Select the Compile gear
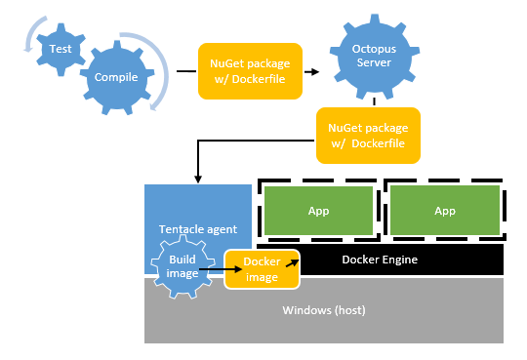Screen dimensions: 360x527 116,76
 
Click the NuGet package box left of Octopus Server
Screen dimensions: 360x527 248,71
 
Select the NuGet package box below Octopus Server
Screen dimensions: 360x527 367,135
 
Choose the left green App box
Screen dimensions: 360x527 318,210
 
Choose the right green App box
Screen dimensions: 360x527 444,210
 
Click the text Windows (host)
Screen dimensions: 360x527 323,310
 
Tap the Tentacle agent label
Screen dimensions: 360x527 197,229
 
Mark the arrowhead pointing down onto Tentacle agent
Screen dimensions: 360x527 199,178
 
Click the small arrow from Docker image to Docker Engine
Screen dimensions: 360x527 289,262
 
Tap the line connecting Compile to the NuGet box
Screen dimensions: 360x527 185,71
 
